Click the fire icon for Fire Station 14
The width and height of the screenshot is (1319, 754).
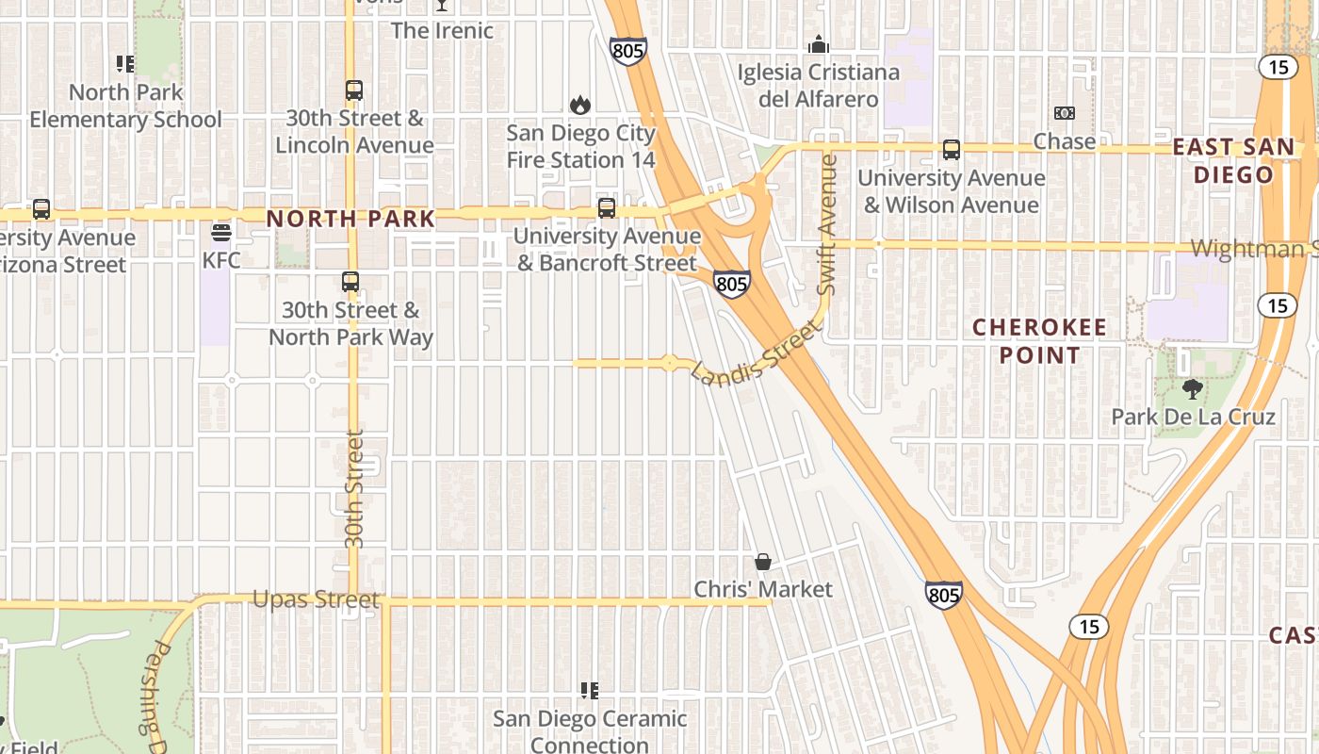[x=580, y=105]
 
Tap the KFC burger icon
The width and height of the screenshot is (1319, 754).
[x=221, y=233]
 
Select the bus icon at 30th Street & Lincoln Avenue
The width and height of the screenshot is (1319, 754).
[x=353, y=90]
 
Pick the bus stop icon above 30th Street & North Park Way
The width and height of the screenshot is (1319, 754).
[x=350, y=282]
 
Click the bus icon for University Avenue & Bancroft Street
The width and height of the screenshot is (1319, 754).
[x=607, y=208]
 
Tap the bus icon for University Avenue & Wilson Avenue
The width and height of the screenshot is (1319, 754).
[x=952, y=150]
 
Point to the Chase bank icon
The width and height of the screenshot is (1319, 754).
[x=1065, y=113]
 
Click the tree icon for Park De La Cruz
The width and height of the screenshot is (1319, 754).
[x=1193, y=388]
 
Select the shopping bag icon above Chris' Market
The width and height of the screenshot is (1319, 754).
[x=763, y=562]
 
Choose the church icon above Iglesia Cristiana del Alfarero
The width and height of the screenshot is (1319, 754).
[x=819, y=44]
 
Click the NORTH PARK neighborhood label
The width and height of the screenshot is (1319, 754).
[x=350, y=219]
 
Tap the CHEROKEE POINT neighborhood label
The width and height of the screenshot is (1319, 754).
[x=1040, y=341]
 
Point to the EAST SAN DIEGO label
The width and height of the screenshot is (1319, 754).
[x=1234, y=160]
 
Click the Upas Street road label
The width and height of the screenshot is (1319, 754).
[x=317, y=599]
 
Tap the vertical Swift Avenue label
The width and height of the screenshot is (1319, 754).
[x=827, y=224]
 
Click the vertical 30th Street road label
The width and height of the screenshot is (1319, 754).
[x=354, y=488]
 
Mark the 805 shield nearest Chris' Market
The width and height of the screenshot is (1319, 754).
[x=943, y=594]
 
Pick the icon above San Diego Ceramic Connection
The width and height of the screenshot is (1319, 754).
[x=590, y=691]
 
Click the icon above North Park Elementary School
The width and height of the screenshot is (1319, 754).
[x=125, y=64]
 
